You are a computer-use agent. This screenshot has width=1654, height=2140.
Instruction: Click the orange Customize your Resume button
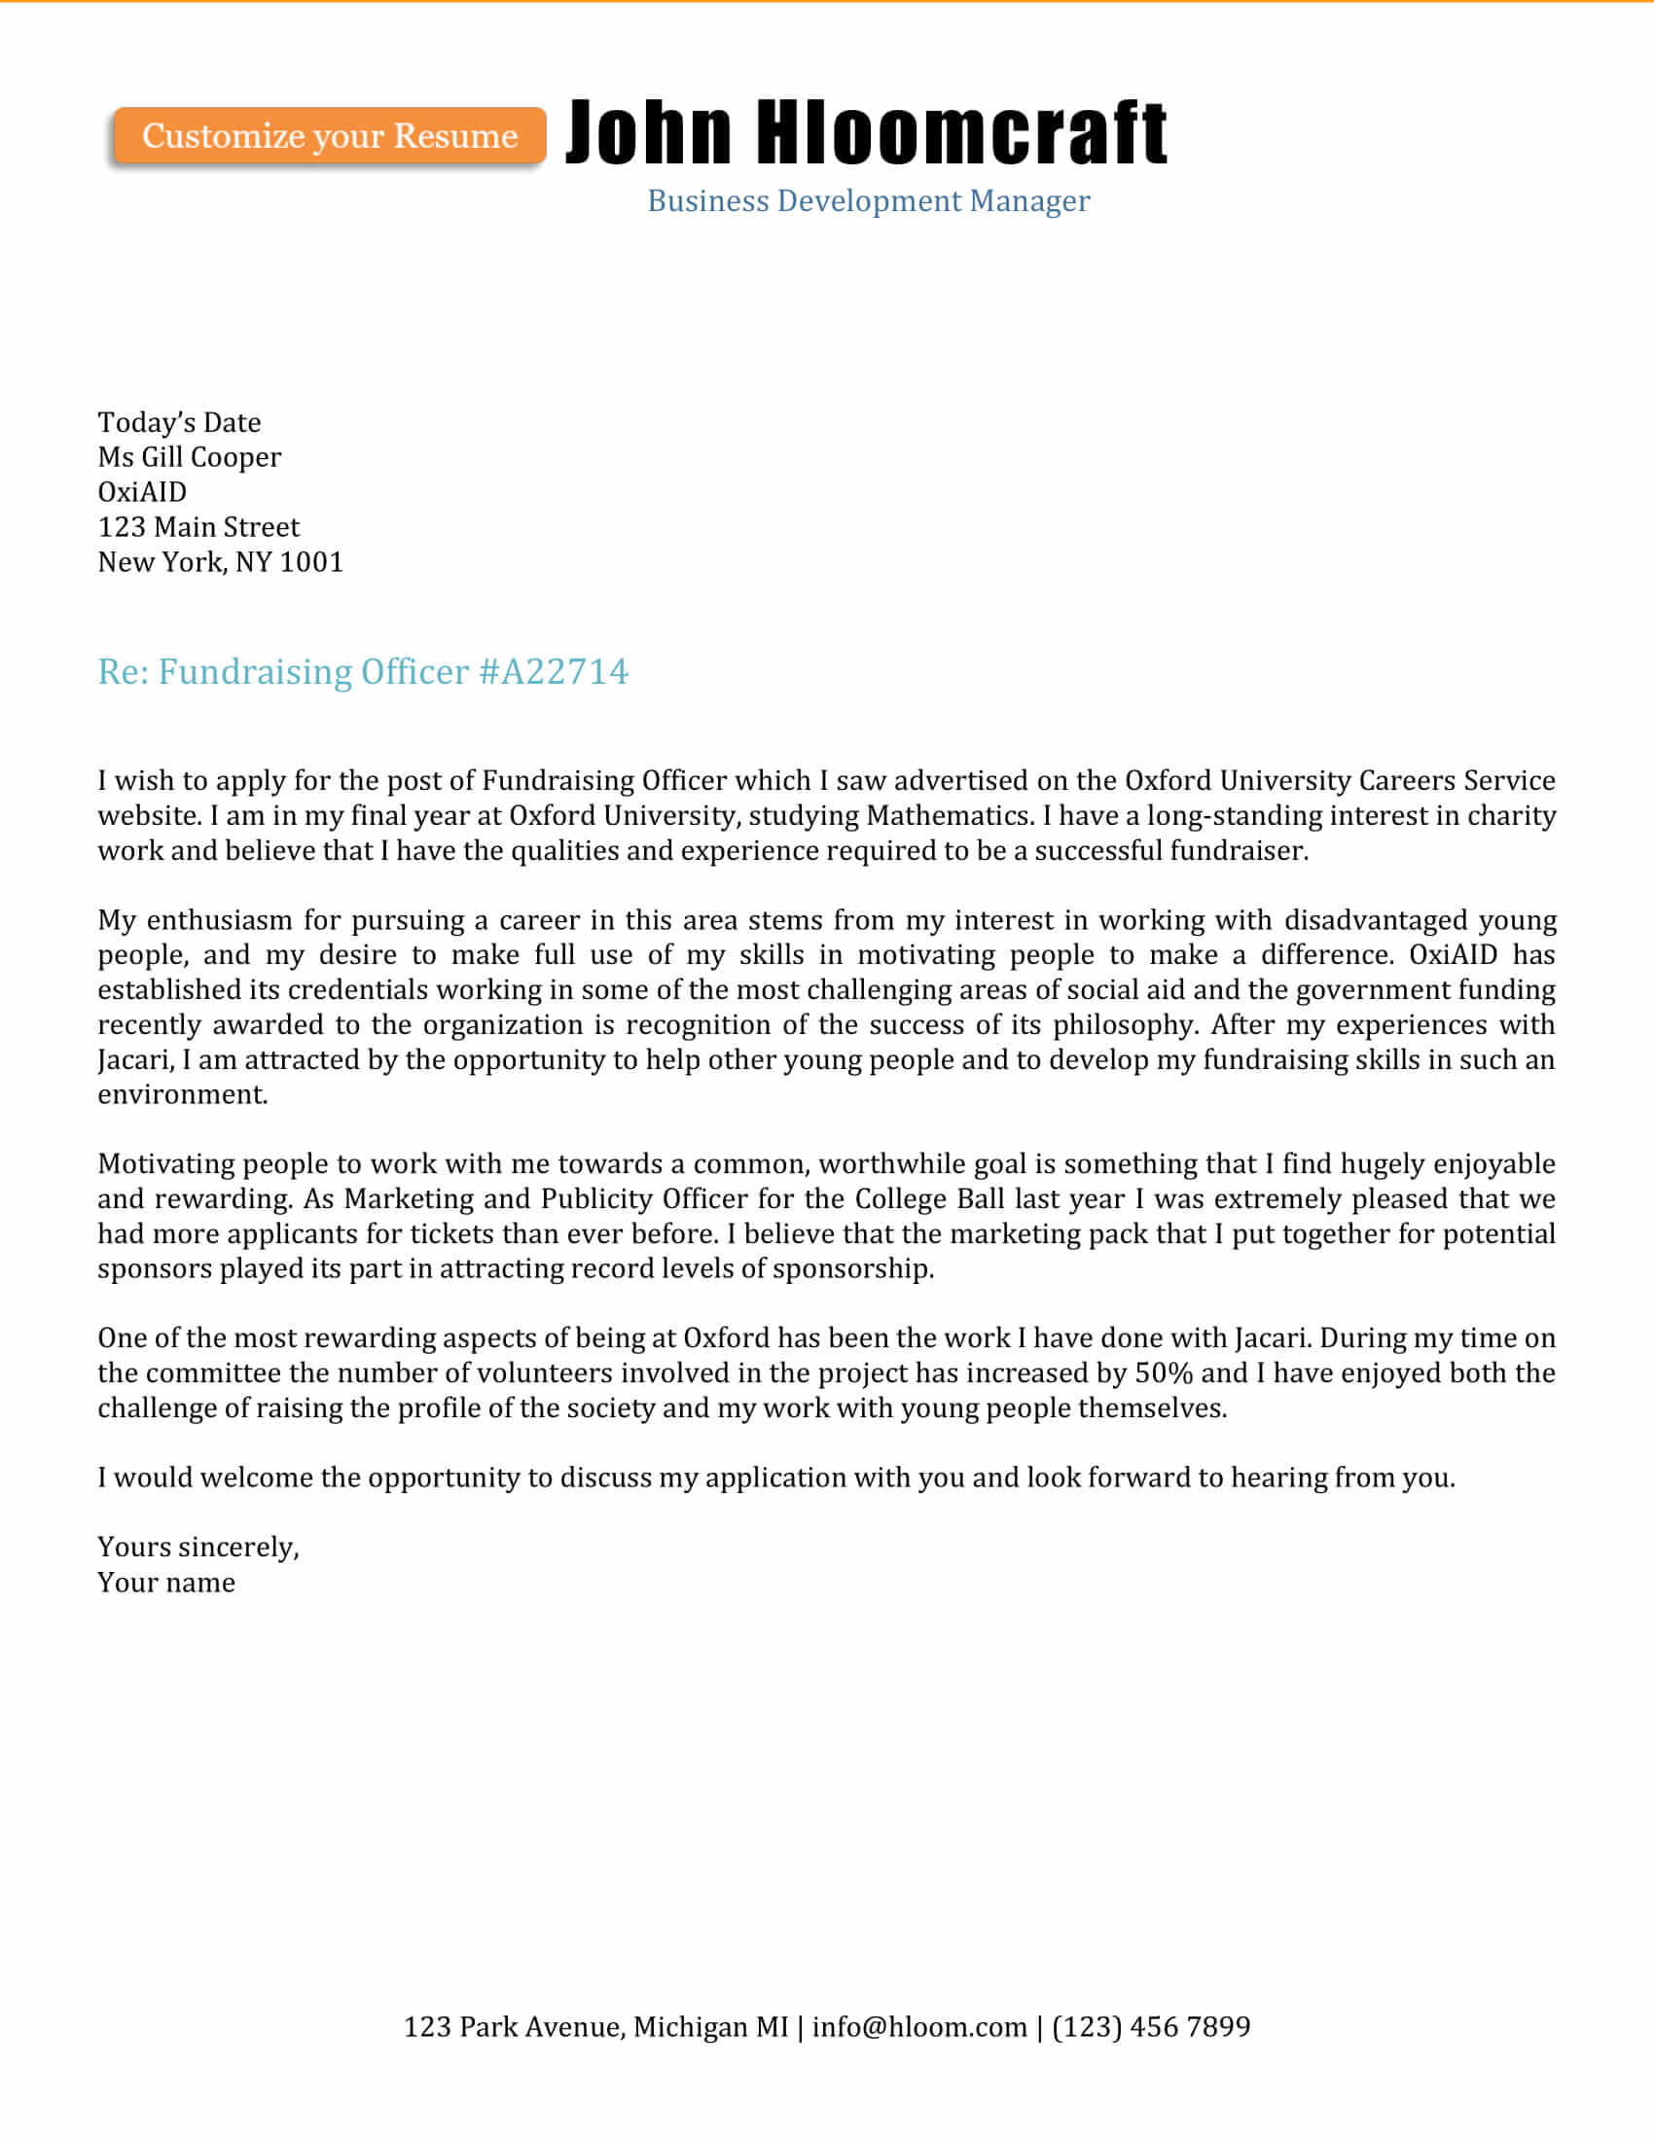[x=329, y=135]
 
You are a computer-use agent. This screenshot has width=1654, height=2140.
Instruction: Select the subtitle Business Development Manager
[x=868, y=201]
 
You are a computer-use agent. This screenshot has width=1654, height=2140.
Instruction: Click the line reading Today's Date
[x=179, y=422]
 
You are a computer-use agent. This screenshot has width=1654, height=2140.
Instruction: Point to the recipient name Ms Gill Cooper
[x=189, y=457]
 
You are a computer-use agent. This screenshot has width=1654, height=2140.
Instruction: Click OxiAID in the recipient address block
[x=142, y=492]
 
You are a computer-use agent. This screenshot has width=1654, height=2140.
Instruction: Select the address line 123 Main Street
[x=198, y=527]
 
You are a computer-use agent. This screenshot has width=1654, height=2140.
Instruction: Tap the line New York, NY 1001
[x=221, y=562]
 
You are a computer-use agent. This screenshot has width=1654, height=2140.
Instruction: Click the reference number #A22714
[x=554, y=672]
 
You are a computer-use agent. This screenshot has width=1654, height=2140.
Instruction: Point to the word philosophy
[x=1125, y=1025]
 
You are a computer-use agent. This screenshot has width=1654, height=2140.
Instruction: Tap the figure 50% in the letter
[x=1164, y=1373]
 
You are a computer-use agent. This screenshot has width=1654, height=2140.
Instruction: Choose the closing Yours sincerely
[x=198, y=1548]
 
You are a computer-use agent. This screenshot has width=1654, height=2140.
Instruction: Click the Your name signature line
[x=166, y=1583]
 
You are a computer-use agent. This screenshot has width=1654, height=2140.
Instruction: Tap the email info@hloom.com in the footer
[x=919, y=2026]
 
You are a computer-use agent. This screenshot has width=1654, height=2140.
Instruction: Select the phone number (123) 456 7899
[x=1151, y=2026]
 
